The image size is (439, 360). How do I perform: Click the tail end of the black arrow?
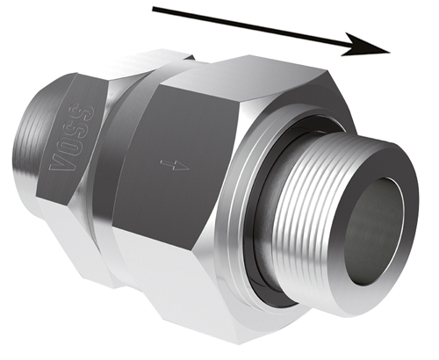pos(153,10)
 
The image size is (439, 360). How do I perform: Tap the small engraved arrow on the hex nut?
pos(175,165)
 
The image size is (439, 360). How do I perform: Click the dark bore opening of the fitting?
pos(375,231)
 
